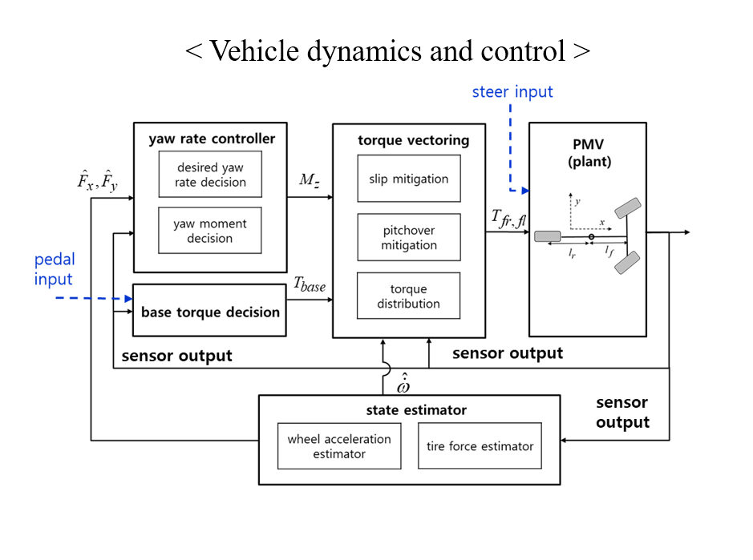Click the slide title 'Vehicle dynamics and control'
tap(387, 51)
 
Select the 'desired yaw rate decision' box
tap(210, 175)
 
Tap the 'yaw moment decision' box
tap(210, 231)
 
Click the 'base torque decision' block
tap(210, 312)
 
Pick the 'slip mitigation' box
tap(409, 179)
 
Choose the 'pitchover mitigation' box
tap(409, 237)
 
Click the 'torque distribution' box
tap(409, 296)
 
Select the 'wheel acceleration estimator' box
tap(339, 446)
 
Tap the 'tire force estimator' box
tap(480, 446)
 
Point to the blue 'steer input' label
tap(512, 91)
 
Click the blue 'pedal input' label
tap(54, 269)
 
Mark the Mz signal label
tap(310, 179)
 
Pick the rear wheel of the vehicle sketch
tap(548, 236)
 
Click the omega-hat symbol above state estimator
tap(404, 385)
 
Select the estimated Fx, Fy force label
tap(97, 182)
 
